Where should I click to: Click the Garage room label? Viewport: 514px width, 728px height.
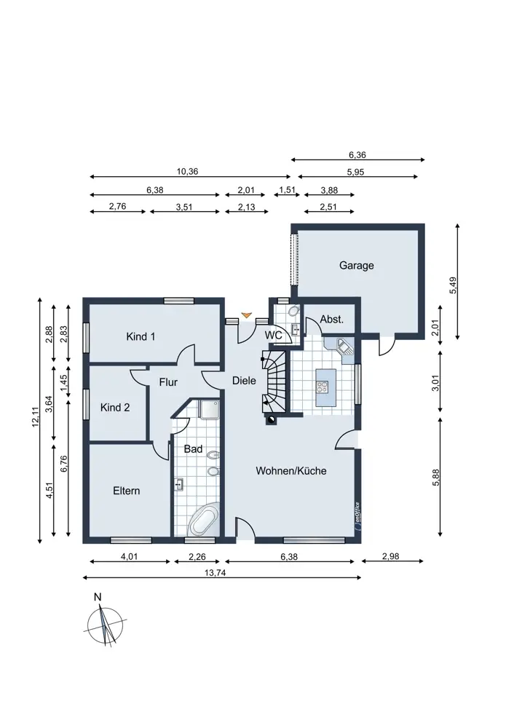[356, 266]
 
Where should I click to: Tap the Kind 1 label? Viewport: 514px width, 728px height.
[141, 336]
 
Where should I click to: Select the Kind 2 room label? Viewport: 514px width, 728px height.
[115, 408]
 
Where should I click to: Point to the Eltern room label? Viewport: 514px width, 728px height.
[126, 491]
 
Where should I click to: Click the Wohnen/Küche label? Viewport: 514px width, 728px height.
[291, 471]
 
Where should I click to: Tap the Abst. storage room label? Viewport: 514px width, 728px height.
[332, 320]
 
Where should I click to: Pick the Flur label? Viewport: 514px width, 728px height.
[168, 382]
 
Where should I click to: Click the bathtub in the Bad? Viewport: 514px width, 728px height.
[203, 521]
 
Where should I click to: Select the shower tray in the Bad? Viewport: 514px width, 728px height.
[209, 409]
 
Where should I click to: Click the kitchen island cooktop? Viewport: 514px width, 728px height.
[323, 387]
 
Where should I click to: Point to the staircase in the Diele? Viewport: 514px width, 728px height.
[274, 381]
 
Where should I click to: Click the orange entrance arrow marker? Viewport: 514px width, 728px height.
[247, 315]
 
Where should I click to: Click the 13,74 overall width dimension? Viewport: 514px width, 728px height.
[216, 573]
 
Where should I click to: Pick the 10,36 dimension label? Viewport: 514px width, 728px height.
[188, 171]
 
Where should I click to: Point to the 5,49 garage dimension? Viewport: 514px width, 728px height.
[453, 285]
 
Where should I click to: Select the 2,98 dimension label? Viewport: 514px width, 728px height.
[390, 556]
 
